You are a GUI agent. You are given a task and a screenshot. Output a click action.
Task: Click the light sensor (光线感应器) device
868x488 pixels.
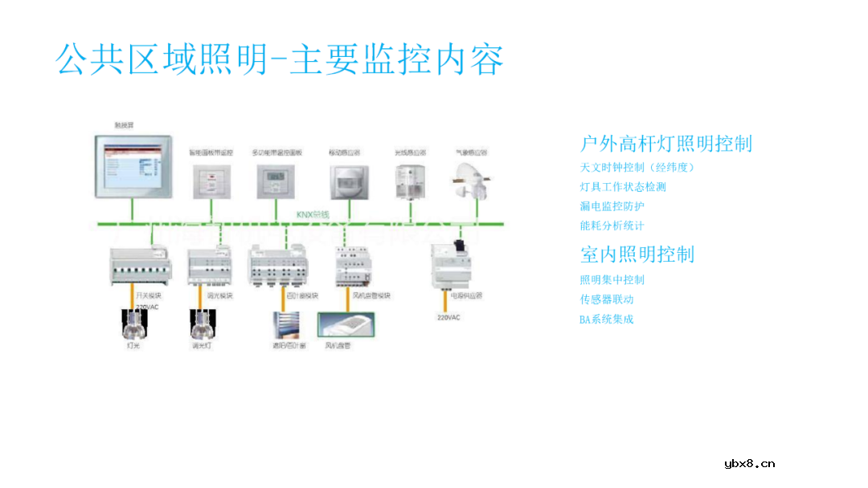tap(410, 180)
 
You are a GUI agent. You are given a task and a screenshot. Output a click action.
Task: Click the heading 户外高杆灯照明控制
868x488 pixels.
tap(666, 144)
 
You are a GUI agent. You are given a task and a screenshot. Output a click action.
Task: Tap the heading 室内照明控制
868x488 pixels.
tap(637, 254)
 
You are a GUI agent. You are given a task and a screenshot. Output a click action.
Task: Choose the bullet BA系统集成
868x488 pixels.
tap(607, 319)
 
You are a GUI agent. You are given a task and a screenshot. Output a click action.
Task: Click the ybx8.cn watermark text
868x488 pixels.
tap(750, 463)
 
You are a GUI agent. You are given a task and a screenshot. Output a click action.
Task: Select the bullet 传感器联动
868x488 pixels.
tap(607, 299)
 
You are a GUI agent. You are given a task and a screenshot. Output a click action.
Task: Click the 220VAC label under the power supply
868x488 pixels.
tap(448, 318)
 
